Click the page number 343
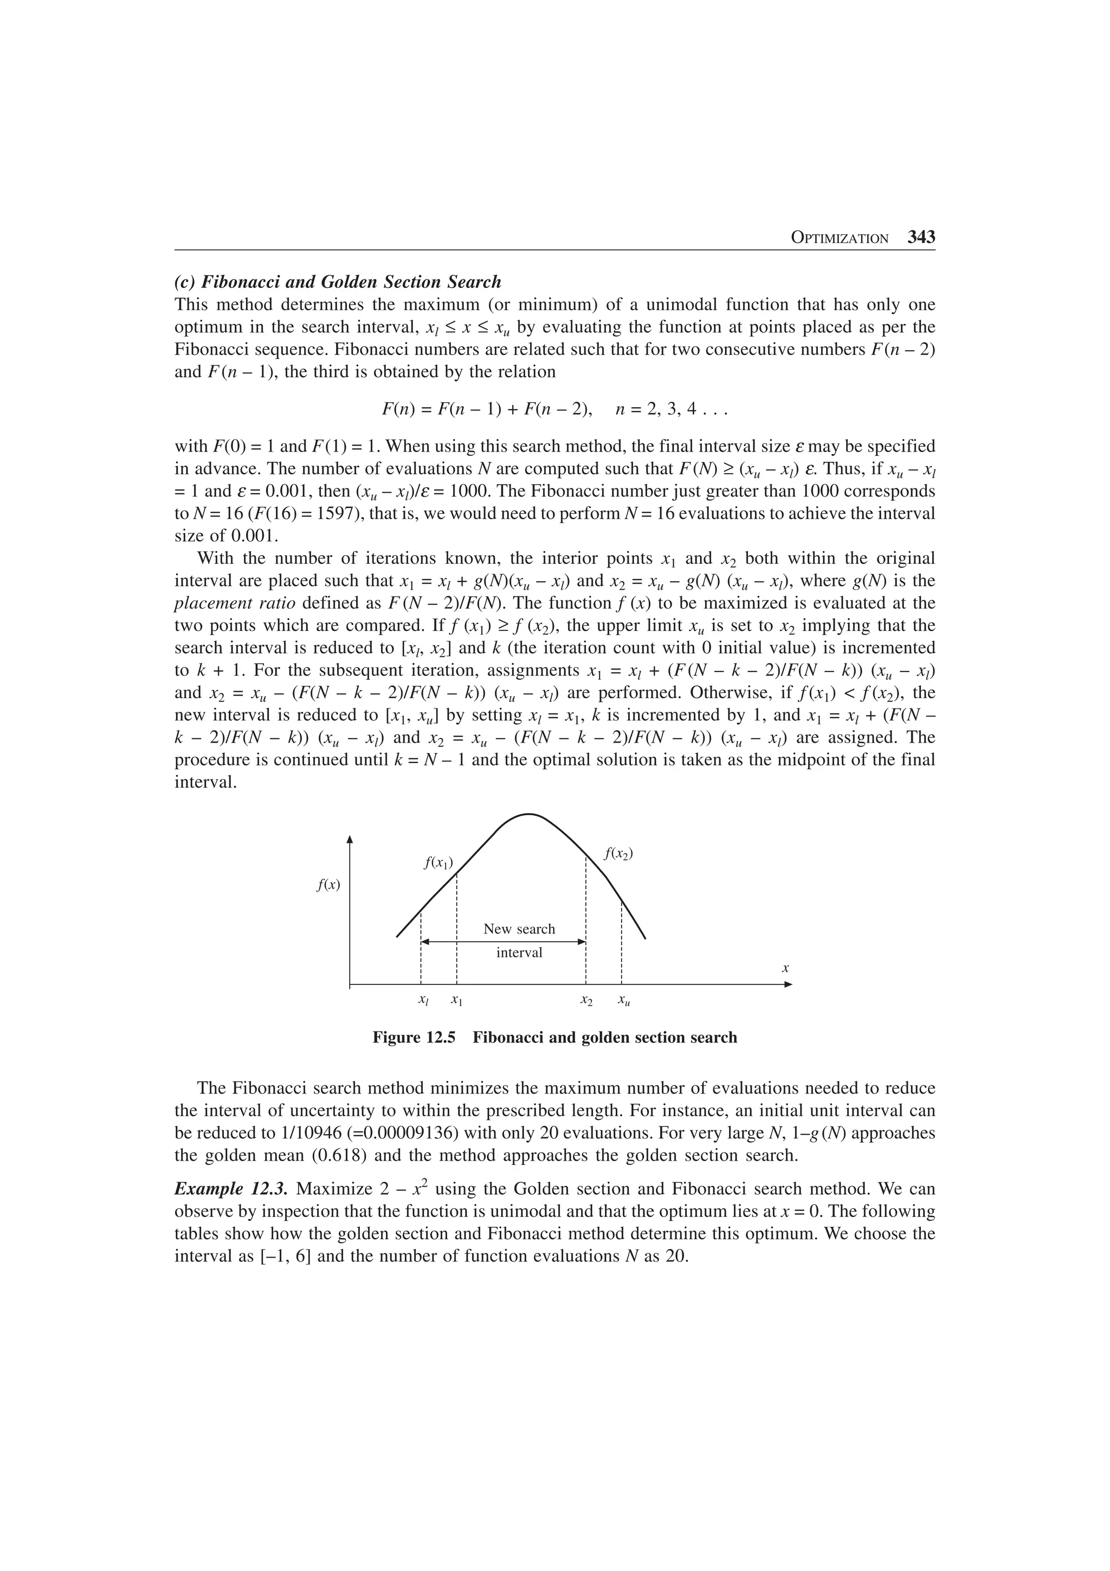click(920, 237)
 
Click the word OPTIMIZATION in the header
click(839, 239)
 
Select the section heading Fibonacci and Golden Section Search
click(338, 282)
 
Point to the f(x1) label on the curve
click(438, 863)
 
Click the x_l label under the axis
click(423, 1000)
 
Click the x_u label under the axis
click(623, 1000)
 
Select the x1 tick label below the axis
click(456, 1000)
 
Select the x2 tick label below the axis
click(586, 1000)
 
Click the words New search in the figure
click(519, 929)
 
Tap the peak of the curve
click(528, 814)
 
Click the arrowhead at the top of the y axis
click(350, 840)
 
